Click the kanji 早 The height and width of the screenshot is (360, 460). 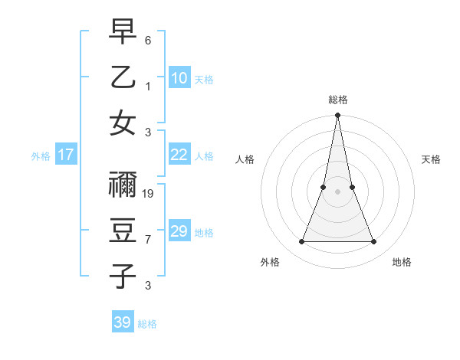[123, 32]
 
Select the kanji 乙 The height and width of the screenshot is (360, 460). [123, 77]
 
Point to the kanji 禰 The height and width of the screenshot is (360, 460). [123, 185]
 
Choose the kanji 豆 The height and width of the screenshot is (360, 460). [123, 231]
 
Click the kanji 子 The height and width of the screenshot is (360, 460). [123, 276]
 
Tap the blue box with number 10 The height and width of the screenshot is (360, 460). [179, 78]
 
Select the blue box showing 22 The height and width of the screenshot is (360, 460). [179, 155]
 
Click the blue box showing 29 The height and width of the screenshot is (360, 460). [179, 231]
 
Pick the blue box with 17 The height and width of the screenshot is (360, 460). [66, 155]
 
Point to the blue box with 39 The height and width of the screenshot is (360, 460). [123, 322]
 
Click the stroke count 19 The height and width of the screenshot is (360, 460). [149, 194]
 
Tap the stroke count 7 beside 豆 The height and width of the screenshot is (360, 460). [148, 240]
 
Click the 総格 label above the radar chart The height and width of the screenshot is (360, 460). [337, 100]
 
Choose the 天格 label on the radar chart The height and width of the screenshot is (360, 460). [432, 159]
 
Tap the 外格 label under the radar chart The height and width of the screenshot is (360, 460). [270, 263]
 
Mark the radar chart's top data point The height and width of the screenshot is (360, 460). [337, 116]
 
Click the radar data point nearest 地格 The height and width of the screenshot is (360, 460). [374, 242]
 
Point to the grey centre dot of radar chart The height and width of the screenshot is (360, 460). [337, 191]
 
